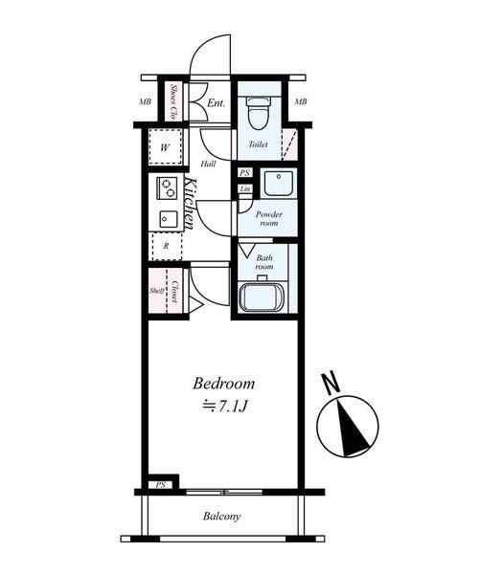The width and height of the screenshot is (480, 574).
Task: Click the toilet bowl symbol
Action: point(259,113)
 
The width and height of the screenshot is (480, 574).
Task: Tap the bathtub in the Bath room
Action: point(262,298)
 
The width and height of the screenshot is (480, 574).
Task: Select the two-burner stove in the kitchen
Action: point(167,188)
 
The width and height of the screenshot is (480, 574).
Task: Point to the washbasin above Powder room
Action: point(279,183)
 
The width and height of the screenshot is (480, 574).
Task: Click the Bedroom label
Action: point(223,384)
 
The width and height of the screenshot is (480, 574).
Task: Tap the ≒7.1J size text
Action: point(225,407)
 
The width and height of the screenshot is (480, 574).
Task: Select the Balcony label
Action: point(222,517)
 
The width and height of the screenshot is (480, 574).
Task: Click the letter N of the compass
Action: point(331,383)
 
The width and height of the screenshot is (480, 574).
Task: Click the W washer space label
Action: point(165,148)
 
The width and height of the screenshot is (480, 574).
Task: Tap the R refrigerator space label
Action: point(166,246)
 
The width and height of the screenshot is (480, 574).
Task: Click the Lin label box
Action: point(245,188)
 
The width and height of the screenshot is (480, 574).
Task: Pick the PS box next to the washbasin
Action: point(245,173)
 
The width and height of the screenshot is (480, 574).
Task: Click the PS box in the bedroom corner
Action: point(161,485)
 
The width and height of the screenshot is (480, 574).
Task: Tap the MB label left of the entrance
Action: point(145,101)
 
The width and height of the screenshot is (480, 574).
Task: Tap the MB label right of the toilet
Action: point(301,101)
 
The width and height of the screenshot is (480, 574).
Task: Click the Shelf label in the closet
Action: point(156,291)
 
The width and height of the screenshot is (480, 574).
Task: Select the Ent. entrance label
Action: point(216,103)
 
